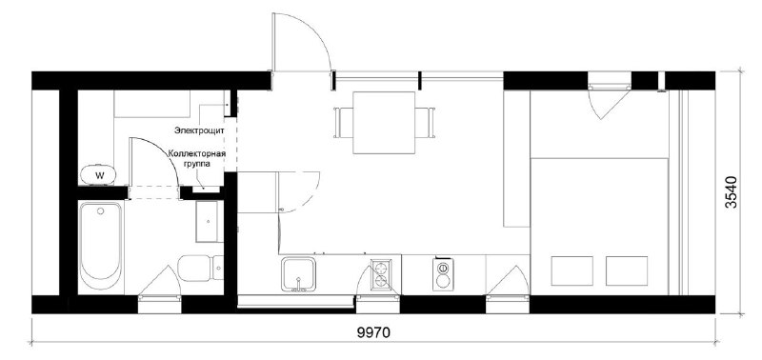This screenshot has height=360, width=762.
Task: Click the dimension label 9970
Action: coord(373,332)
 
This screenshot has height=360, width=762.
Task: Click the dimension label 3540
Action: coord(731,192)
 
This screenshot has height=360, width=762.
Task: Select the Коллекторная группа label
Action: coord(197,159)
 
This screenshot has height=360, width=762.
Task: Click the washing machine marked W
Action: coord(99,175)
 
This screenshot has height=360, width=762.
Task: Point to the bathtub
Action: coord(101,247)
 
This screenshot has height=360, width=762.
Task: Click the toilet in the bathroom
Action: coord(200,268)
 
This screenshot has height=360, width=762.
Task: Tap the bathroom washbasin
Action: coord(208,222)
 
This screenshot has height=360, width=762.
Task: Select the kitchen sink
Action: coord(298,274)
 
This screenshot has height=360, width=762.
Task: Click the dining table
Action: coord(384,123)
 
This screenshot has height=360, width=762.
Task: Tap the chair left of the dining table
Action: coord(344,123)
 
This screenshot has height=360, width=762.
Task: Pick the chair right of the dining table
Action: coord(425,123)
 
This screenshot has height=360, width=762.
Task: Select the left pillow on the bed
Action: coord(572,271)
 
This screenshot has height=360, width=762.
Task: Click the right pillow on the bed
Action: coord(627,271)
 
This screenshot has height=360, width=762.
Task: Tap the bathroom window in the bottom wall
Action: coord(159,304)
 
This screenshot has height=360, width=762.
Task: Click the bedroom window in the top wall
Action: coord(610,80)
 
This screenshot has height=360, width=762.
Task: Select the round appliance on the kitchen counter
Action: coord(443,274)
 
